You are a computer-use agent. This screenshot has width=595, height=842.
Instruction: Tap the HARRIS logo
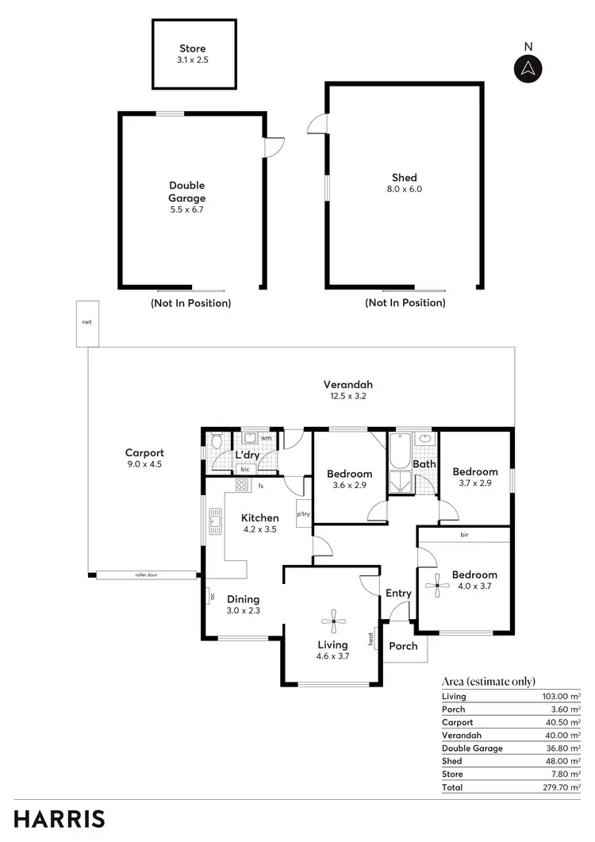click(x=59, y=819)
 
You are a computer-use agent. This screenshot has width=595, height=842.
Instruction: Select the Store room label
click(x=192, y=49)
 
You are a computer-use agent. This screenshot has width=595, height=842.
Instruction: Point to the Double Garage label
click(x=186, y=192)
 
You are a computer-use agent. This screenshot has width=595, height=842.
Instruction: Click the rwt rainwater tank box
click(x=86, y=323)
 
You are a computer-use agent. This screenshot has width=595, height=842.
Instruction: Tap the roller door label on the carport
click(x=146, y=575)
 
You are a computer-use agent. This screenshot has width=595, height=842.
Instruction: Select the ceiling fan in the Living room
click(x=333, y=623)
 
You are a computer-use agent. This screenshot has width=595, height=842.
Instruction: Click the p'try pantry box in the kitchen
click(x=303, y=513)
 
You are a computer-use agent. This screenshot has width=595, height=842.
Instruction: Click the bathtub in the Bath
click(x=398, y=451)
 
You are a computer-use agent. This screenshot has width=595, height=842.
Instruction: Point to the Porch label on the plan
click(x=403, y=646)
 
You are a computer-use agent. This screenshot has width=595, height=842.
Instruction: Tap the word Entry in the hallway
click(x=398, y=593)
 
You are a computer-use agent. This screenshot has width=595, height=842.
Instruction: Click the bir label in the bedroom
click(x=464, y=535)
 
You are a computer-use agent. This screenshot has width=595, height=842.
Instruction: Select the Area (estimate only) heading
click(x=488, y=681)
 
